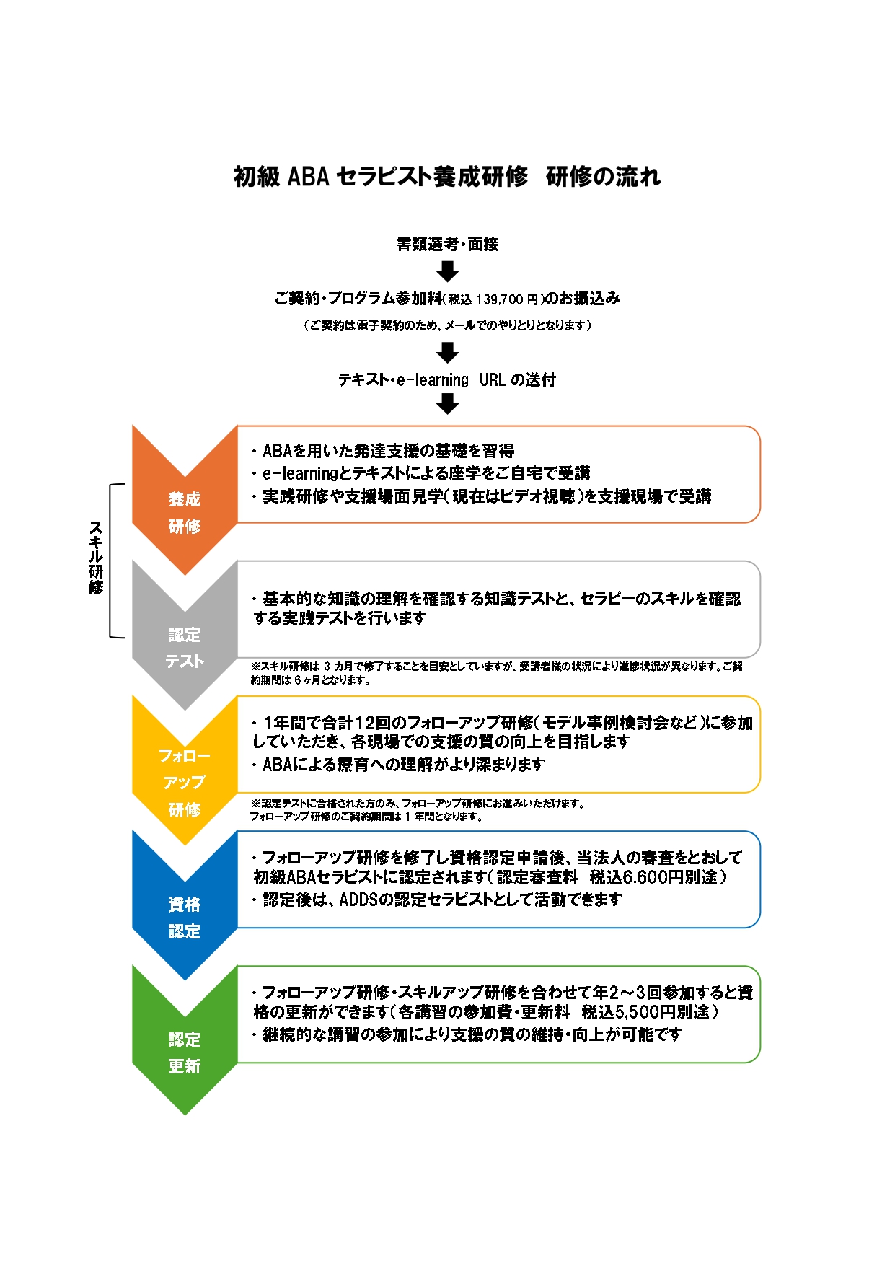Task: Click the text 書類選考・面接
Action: coord(447,244)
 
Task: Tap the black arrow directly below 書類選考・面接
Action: coord(448,271)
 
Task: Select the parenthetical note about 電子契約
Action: coord(447,325)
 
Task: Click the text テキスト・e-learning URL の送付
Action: coord(447,379)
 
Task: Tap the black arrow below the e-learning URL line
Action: coord(448,405)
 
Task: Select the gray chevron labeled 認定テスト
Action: coord(185,636)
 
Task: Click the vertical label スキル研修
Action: coord(95,558)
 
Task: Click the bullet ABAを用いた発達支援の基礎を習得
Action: coord(383,451)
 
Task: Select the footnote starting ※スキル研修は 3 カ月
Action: coord(496,673)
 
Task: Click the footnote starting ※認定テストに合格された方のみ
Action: coord(418,809)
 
